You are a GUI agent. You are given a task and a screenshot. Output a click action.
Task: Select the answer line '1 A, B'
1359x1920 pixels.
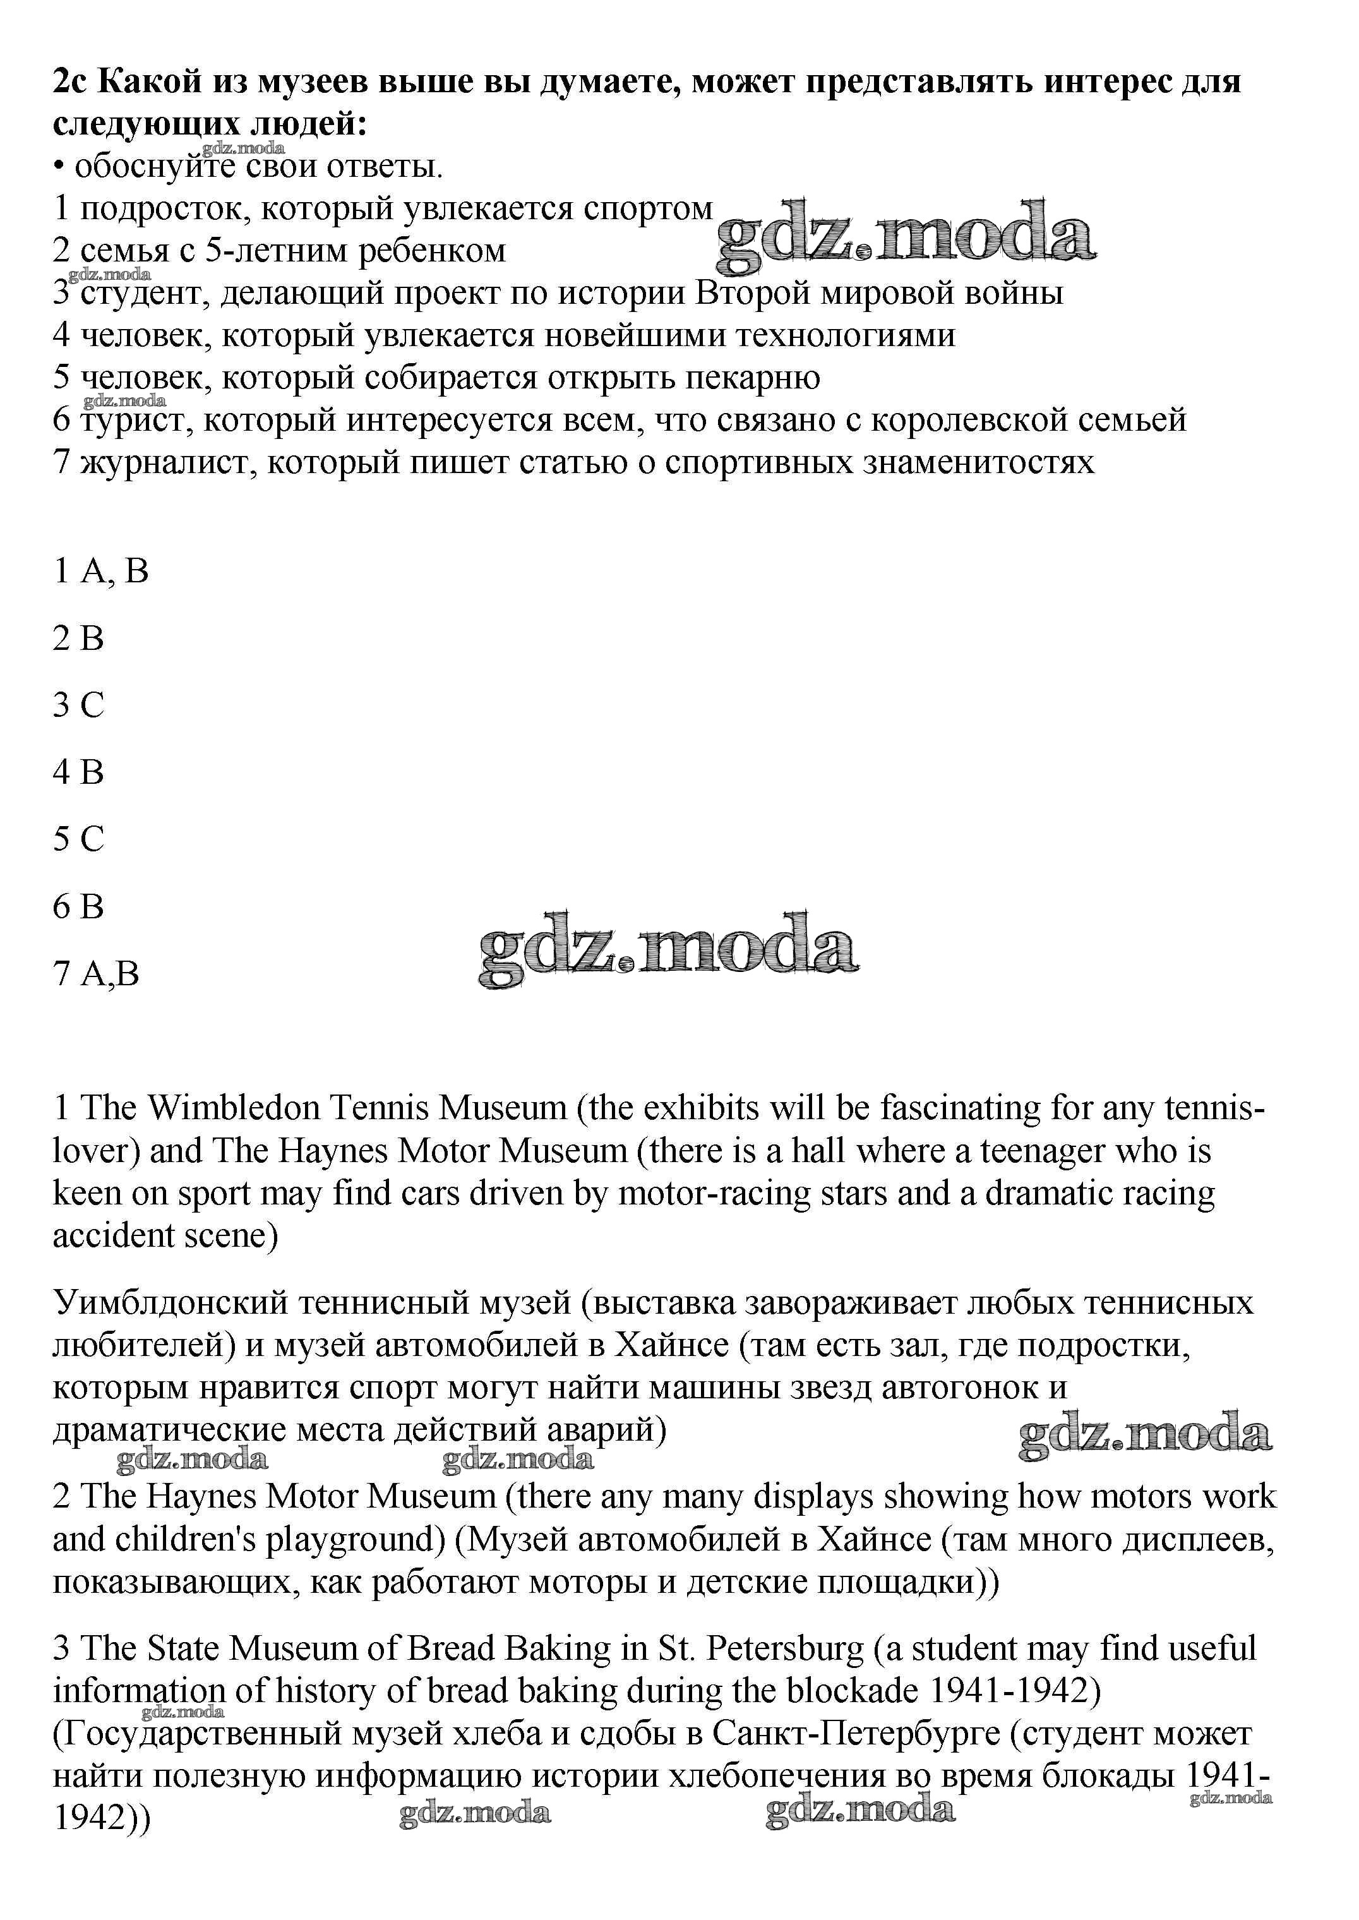click(x=100, y=572)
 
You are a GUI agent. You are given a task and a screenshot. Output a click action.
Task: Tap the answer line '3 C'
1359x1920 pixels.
click(x=79, y=705)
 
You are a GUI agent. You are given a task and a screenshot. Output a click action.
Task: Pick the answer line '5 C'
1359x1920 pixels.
click(x=79, y=839)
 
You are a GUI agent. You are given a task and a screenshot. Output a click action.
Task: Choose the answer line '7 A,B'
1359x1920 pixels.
click(x=96, y=973)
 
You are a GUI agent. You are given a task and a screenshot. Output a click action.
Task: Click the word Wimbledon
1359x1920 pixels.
click(x=235, y=1109)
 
